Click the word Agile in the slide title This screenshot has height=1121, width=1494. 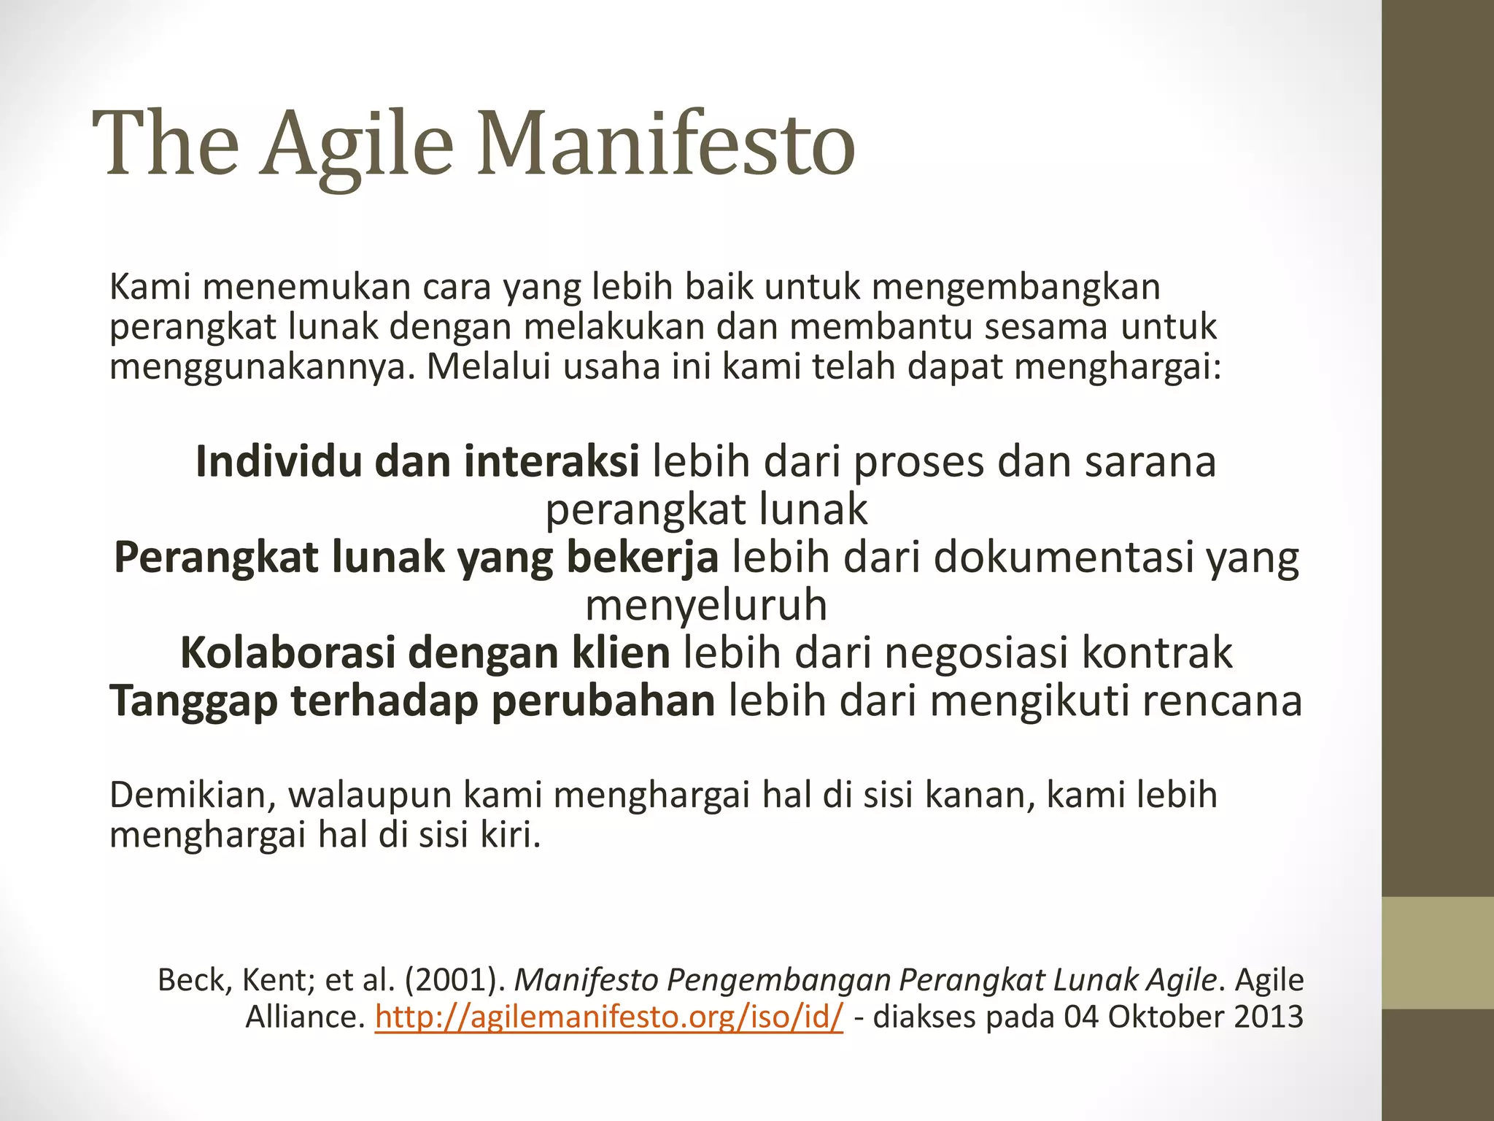point(357,143)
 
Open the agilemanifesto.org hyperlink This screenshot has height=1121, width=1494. point(609,1017)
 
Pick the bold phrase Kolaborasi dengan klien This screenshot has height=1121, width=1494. point(425,652)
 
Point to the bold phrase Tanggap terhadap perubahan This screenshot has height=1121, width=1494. point(413,701)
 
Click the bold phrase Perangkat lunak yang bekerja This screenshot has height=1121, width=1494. point(417,558)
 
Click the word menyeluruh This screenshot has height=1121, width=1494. point(706,605)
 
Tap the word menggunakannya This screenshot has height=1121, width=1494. point(262,366)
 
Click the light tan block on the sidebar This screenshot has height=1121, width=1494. point(1438,952)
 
